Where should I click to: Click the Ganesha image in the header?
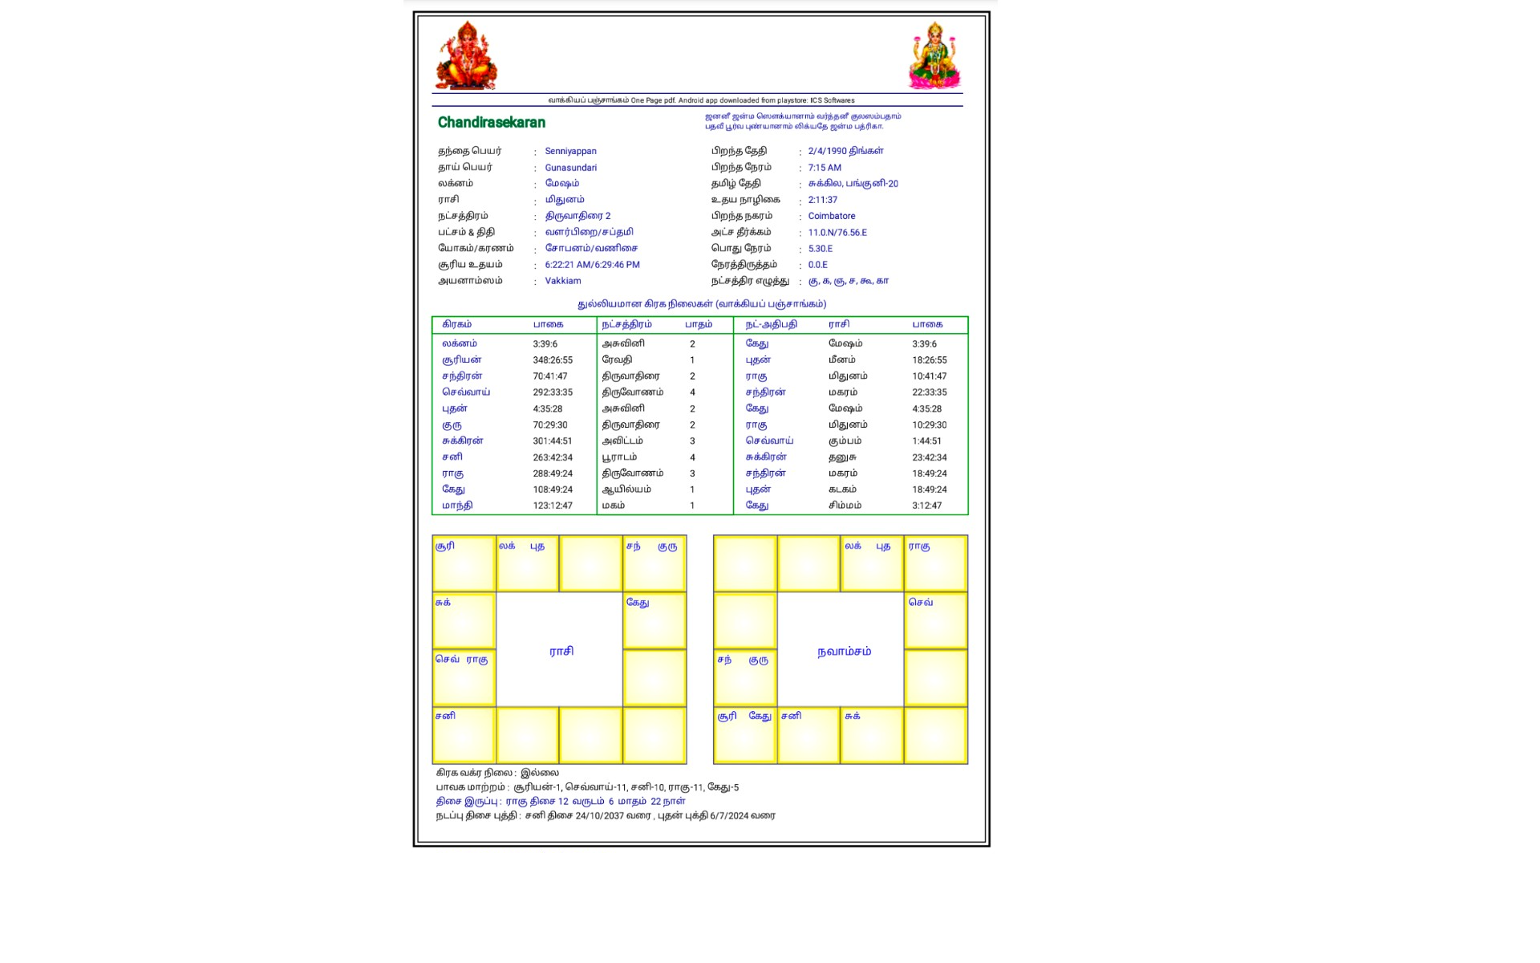point(466,55)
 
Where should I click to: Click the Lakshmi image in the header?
point(934,55)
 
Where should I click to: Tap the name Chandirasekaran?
point(492,123)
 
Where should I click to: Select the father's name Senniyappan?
point(570,151)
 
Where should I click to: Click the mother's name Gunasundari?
point(570,168)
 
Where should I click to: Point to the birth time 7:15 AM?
point(825,168)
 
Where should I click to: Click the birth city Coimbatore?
point(832,216)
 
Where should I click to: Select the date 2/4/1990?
point(827,151)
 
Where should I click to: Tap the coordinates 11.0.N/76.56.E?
point(837,233)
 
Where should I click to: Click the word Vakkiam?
point(563,281)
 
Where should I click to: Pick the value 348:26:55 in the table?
point(553,360)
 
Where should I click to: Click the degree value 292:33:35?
point(553,392)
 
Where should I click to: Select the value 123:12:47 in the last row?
point(553,506)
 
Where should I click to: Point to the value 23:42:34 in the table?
point(929,457)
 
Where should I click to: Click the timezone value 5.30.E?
point(821,249)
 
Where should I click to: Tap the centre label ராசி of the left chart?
point(561,651)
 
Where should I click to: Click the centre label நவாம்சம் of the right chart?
point(844,651)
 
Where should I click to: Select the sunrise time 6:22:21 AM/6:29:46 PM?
point(592,265)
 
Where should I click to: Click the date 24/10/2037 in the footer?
point(599,815)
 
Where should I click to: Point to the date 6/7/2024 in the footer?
point(729,815)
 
